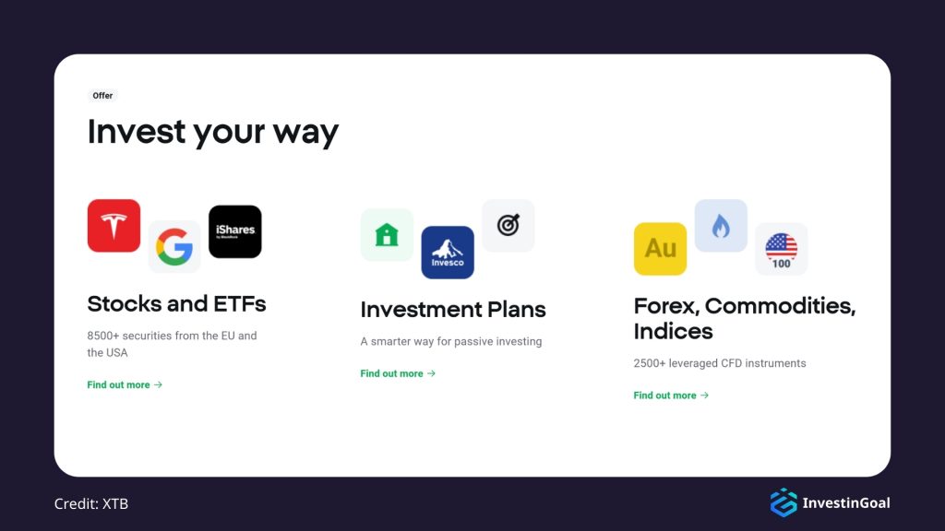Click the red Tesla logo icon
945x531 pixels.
click(x=114, y=226)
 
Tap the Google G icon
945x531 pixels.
click(x=174, y=246)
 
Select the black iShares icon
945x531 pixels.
click(x=235, y=231)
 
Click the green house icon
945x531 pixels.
click(x=387, y=235)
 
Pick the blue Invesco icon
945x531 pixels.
click(x=448, y=252)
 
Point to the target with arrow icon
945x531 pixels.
click(x=508, y=226)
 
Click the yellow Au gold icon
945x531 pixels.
click(x=660, y=249)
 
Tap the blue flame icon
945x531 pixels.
click(x=721, y=226)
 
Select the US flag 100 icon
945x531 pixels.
click(x=782, y=249)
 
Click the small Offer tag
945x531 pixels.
click(x=102, y=96)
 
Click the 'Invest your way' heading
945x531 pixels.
click(x=213, y=132)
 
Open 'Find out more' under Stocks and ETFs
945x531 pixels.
click(x=125, y=385)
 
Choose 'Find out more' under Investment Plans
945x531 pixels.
click(x=398, y=374)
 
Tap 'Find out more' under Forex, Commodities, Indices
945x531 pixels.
click(x=671, y=395)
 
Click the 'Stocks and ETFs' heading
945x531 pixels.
click(x=176, y=303)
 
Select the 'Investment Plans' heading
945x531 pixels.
click(x=453, y=310)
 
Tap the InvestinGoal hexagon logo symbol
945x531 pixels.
click(x=783, y=502)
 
